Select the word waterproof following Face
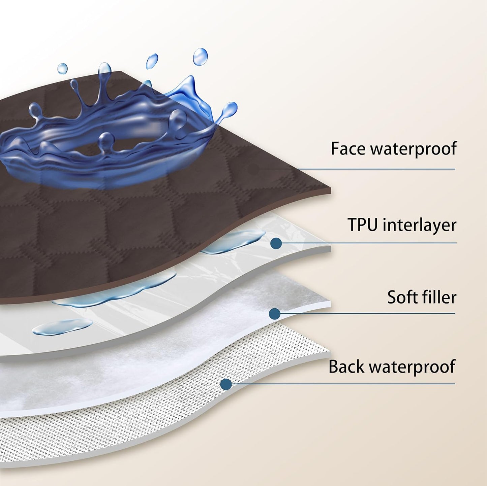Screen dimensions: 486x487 click(414, 149)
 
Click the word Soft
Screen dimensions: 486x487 click(400, 297)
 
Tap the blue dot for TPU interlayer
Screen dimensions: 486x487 click(276, 243)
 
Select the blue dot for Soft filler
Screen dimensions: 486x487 click(275, 314)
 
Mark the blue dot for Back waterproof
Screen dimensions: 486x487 click(226, 384)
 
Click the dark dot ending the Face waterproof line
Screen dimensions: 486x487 click(253, 169)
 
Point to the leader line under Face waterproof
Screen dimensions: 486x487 click(371, 169)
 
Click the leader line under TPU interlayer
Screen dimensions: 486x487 click(371, 243)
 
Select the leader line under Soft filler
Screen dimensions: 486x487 click(371, 313)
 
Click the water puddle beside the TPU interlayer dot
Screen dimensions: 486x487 click(236, 241)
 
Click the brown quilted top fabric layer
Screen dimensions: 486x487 click(101, 236)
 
